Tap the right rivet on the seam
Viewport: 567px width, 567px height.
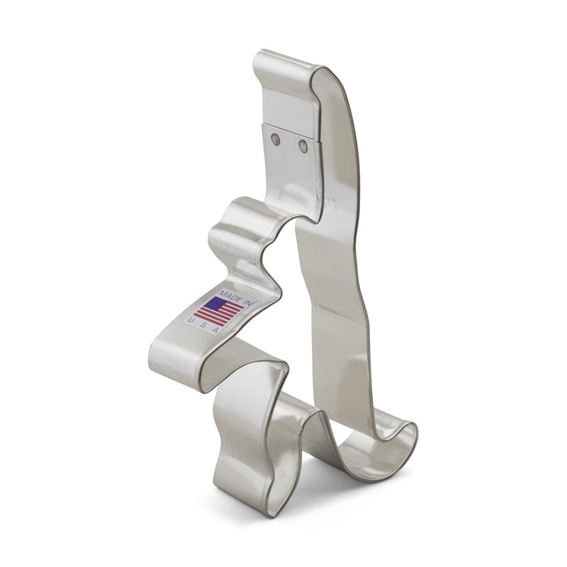pos(303,146)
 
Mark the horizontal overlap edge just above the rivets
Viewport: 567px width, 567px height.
pos(291,125)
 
